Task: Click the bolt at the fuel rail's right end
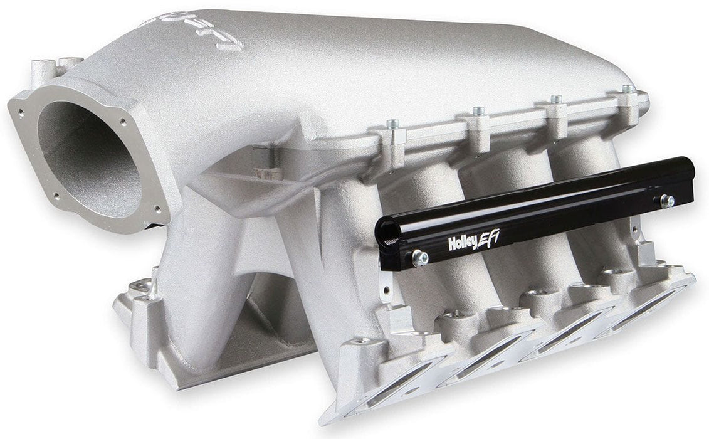pos(667,201)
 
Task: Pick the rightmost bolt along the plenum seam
pos(626,90)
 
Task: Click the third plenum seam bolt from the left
pos(555,100)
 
